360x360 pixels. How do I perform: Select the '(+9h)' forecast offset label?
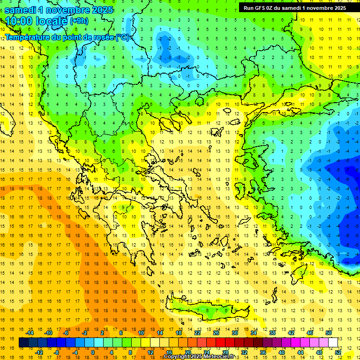[x=78, y=21]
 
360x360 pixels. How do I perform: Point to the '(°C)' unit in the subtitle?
[x=122, y=37]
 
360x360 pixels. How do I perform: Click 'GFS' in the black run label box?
[x=262, y=7]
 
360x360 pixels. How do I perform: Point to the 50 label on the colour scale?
[x=329, y=333]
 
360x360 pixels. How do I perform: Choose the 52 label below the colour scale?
[x=338, y=352]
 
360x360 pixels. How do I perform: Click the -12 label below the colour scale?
[x=39, y=352]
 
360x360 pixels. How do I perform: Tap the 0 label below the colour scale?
[x=92, y=352]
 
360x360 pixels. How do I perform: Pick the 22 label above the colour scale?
[x=197, y=333]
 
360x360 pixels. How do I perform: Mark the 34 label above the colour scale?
[x=254, y=333]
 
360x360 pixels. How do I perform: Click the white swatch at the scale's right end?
[x=333, y=342]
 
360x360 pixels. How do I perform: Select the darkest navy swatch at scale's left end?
[x=23, y=342]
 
